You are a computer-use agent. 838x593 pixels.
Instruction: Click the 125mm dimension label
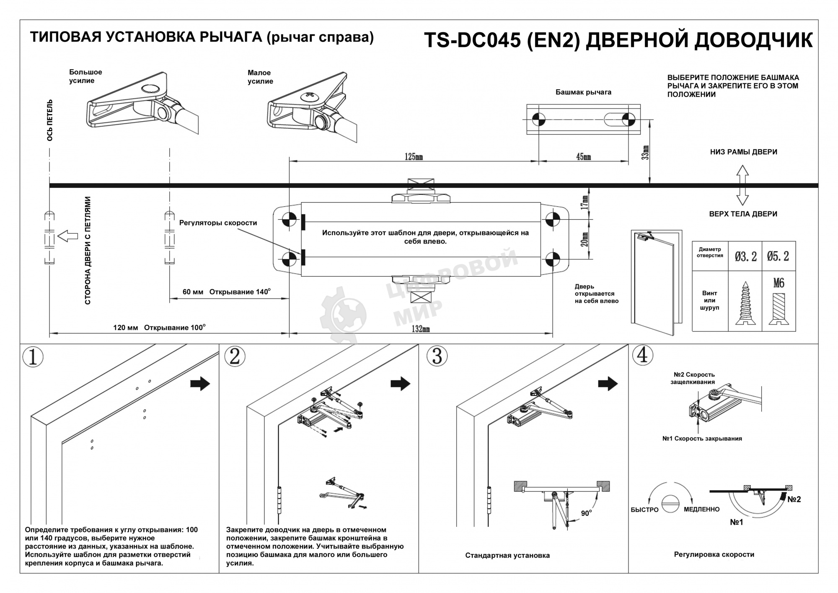tap(414, 156)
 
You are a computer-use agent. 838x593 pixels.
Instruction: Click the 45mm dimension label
tap(583, 156)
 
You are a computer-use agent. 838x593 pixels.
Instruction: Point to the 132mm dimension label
tap(420, 329)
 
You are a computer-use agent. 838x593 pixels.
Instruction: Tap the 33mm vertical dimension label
tap(646, 153)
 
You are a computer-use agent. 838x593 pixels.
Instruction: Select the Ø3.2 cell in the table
tap(745, 256)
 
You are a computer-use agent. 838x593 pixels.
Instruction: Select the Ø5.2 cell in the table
tap(778, 256)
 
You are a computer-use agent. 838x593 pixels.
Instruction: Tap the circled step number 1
tap(33, 357)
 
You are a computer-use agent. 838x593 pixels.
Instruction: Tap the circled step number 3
tap(437, 356)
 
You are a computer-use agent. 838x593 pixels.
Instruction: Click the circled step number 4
tap(642, 355)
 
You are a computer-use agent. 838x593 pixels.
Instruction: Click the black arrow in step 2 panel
tap(400, 383)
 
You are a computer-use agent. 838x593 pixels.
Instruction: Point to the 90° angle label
tap(586, 513)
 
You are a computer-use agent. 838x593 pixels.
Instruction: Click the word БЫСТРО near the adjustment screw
tap(644, 510)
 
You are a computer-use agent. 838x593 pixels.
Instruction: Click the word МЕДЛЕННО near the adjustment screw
tap(701, 509)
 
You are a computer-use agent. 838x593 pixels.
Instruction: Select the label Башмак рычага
tap(583, 92)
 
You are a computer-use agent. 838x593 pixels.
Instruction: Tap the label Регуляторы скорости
tap(218, 223)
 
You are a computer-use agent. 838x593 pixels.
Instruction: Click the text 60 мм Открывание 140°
tap(226, 292)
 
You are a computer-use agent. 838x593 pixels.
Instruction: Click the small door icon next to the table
tap(656, 282)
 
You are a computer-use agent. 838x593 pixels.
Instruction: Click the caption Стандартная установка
tap(507, 555)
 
